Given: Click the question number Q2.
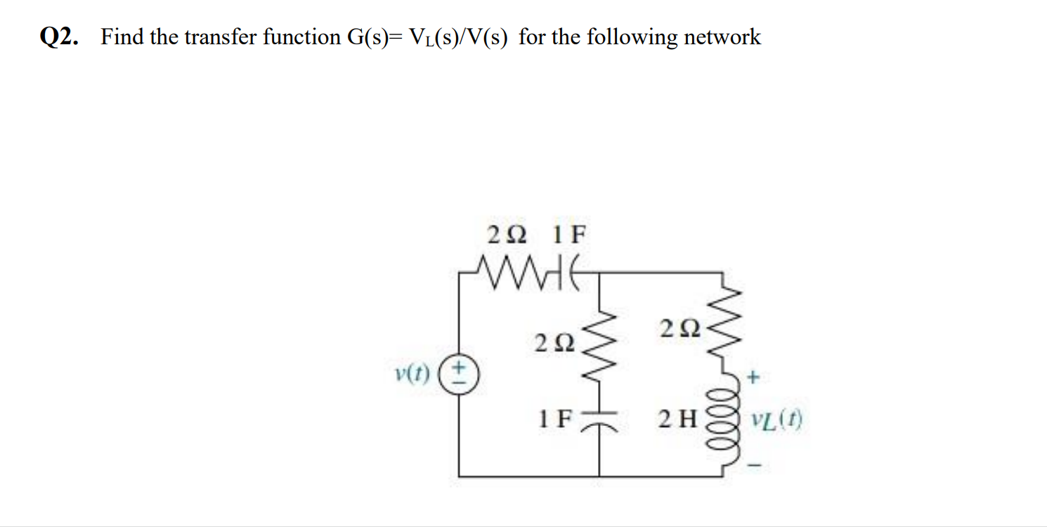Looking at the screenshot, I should [x=58, y=37].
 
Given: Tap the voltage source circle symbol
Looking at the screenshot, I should [x=460, y=379].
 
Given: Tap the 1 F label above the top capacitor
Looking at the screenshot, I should [x=568, y=234].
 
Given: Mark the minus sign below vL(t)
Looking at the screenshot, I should [x=754, y=463].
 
